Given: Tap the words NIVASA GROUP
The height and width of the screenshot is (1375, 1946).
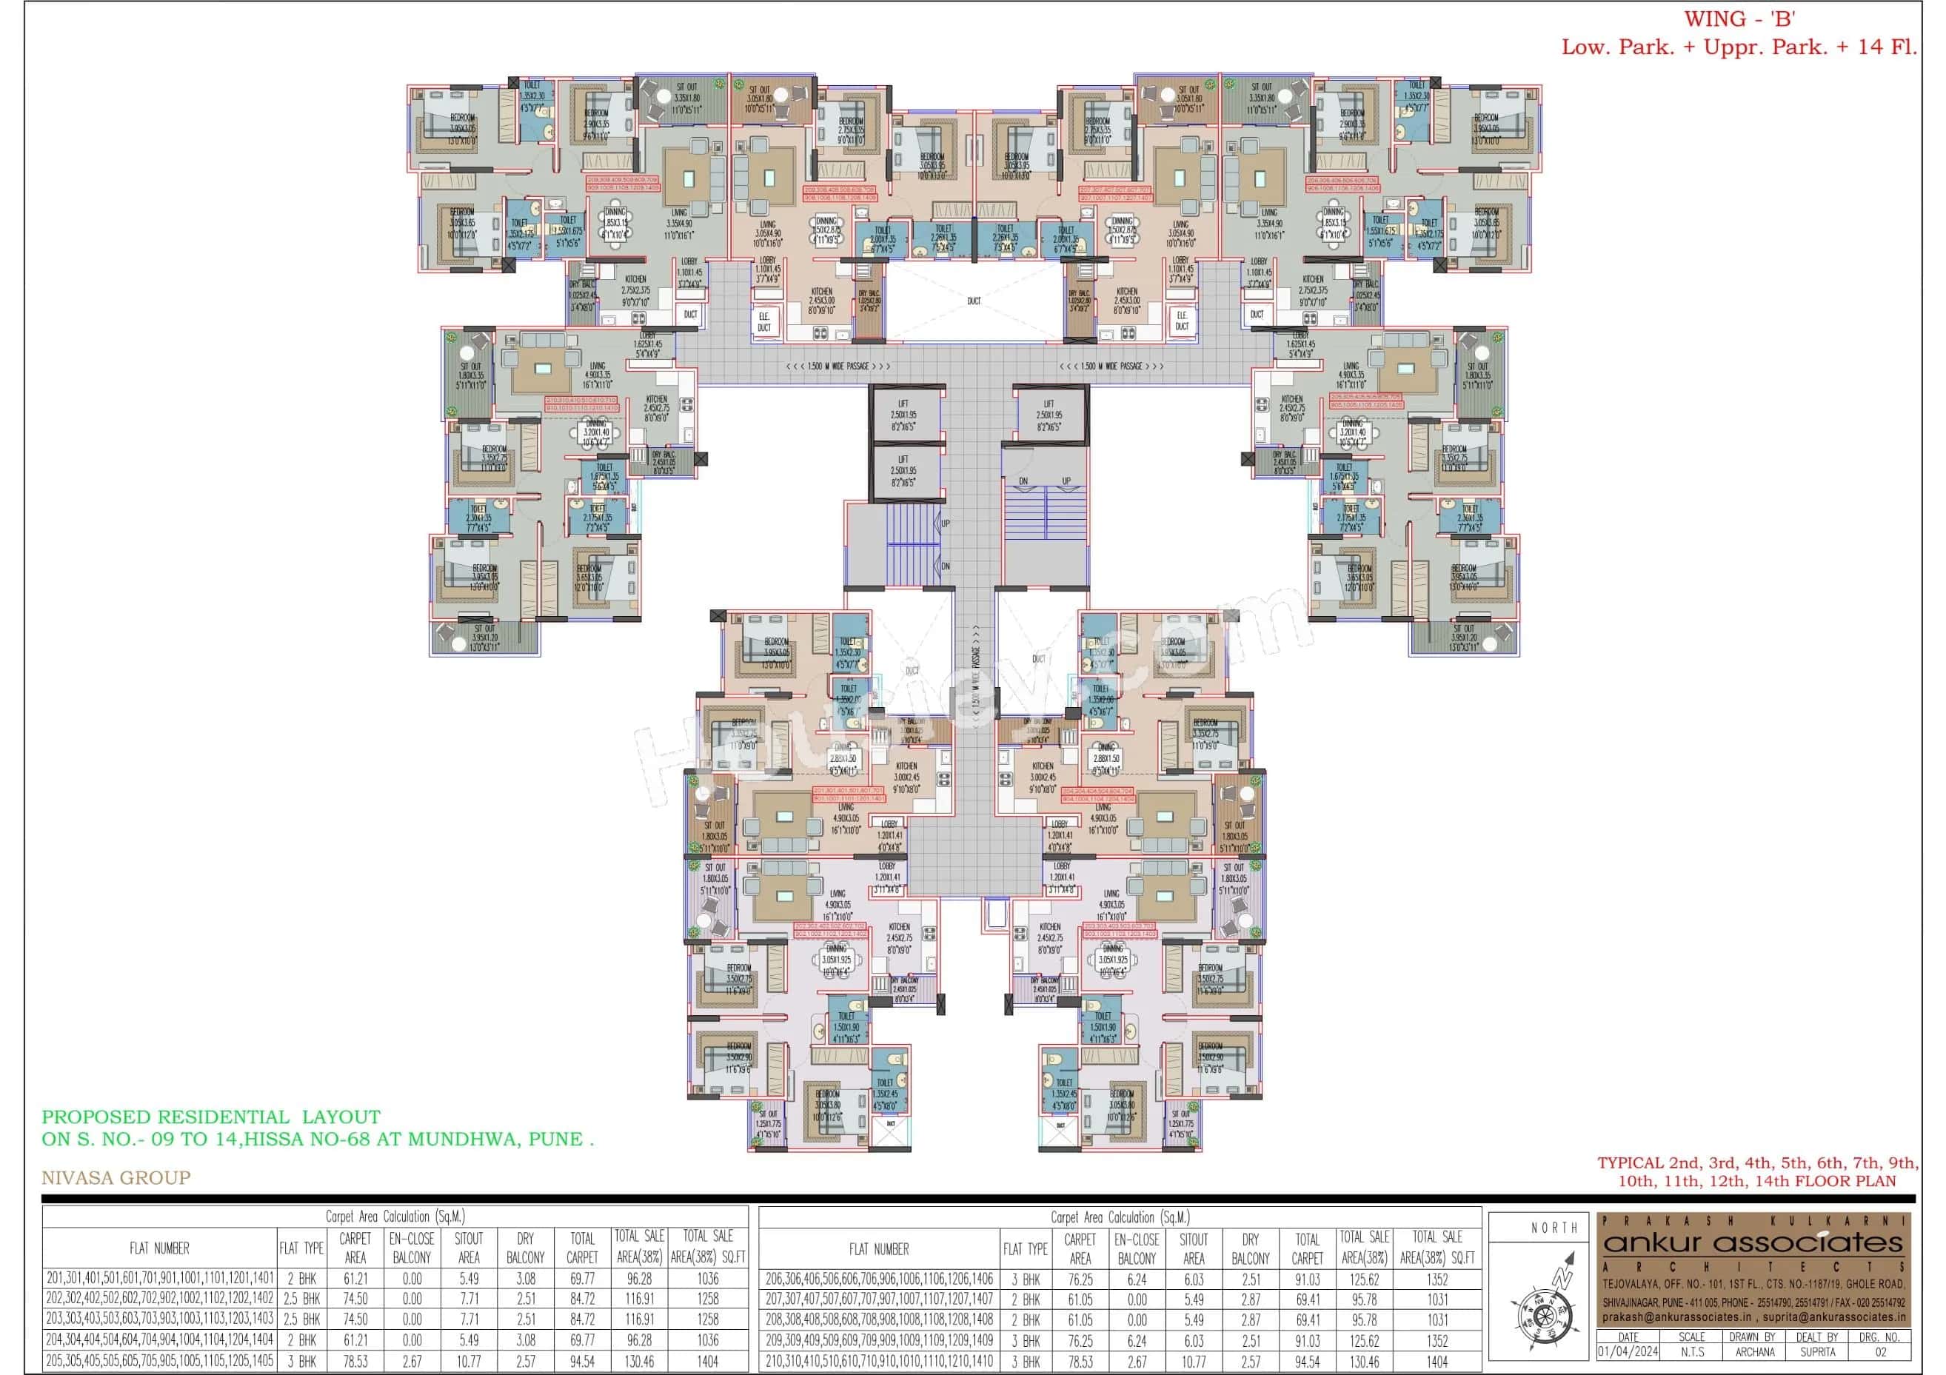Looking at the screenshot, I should (116, 1177).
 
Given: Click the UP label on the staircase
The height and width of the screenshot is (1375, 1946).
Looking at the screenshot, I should (946, 524).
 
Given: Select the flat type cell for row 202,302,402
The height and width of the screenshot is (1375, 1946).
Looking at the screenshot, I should (301, 1298).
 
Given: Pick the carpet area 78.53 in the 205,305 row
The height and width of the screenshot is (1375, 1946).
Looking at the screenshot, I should (355, 1361).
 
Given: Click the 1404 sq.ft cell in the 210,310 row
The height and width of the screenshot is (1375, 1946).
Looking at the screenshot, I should (1437, 1362).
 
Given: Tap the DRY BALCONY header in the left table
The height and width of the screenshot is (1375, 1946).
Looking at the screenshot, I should (525, 1248).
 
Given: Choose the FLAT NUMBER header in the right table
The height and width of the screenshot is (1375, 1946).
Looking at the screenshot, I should (879, 1248).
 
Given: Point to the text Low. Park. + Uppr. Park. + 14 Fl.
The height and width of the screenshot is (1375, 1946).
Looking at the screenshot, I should (1739, 47).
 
